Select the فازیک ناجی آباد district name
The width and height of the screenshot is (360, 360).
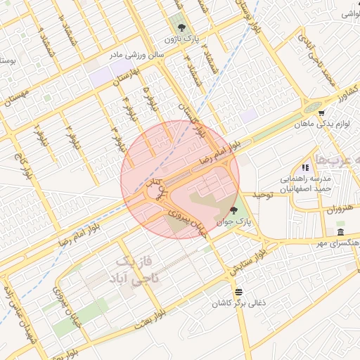[137, 271]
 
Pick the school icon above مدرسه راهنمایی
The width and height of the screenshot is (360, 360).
[305, 167]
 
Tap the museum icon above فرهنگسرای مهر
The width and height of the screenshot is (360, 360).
[340, 232]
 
